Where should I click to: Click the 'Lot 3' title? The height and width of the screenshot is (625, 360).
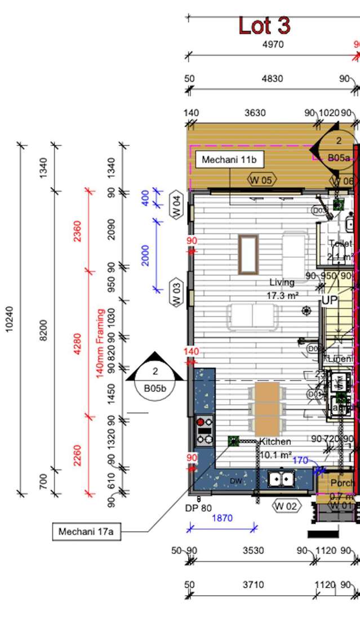click(264, 25)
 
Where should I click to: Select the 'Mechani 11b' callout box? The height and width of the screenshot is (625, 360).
click(229, 160)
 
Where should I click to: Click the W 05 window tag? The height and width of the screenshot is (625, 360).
click(261, 180)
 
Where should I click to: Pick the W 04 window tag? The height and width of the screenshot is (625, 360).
click(176, 205)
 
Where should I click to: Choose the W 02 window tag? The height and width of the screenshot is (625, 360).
click(285, 506)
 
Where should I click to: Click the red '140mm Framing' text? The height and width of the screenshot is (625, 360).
click(100, 343)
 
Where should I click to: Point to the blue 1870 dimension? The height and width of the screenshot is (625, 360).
click(224, 518)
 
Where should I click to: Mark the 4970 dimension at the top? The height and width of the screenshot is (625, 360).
click(273, 44)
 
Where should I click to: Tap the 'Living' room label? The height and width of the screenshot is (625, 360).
click(282, 282)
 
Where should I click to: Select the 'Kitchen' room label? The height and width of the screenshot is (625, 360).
click(275, 441)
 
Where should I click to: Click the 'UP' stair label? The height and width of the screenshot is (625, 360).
click(329, 301)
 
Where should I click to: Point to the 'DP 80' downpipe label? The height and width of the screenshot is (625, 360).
click(198, 508)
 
